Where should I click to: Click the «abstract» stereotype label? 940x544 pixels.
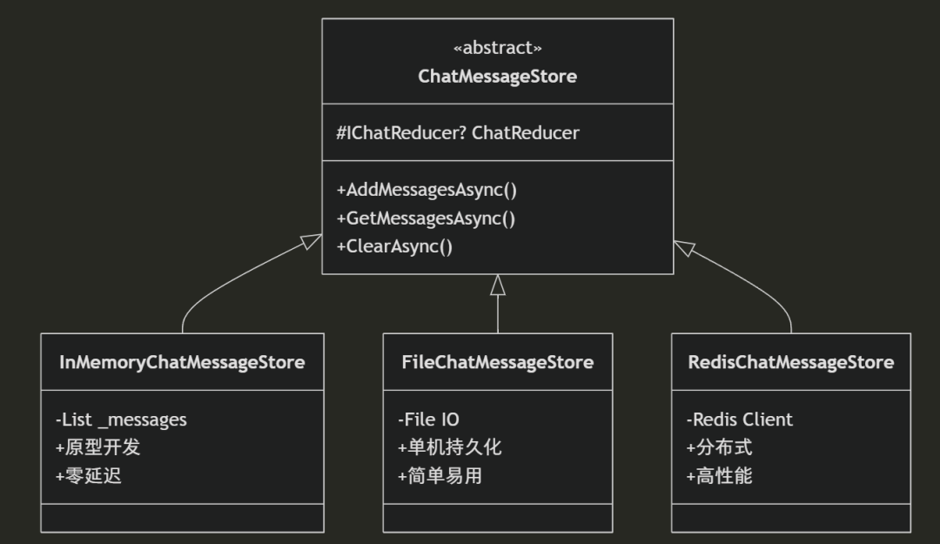tap(497, 48)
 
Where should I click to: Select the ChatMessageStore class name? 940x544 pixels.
tap(497, 77)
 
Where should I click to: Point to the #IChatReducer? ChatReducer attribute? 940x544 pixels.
tap(458, 133)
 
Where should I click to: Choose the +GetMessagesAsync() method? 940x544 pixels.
tap(426, 218)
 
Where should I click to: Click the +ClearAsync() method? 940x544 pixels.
tap(394, 246)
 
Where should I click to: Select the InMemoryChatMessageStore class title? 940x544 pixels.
tap(182, 362)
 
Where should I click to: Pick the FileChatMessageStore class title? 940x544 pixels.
tap(497, 362)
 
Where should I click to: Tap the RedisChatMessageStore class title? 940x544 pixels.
tap(790, 362)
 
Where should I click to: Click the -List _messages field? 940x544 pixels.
tap(121, 420)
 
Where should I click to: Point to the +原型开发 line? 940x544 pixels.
tap(97, 447)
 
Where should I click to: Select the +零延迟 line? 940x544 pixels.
tap(88, 476)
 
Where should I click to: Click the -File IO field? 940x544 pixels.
tap(428, 420)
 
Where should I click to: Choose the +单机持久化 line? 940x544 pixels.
tap(450, 447)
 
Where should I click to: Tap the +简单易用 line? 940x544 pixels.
tap(440, 476)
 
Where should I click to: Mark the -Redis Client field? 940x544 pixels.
tap(739, 420)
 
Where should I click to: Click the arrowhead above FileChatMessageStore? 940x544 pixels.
tap(498, 285)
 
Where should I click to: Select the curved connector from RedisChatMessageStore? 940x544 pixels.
tap(757, 292)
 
